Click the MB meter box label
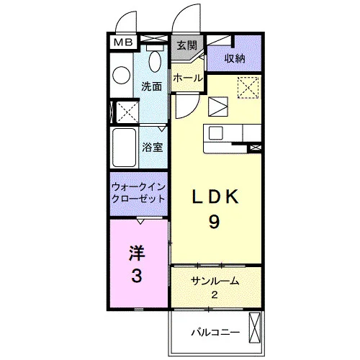coord(123,42)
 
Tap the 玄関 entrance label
coord(186,45)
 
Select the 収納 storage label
coord(235,58)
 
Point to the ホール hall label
coord(188,78)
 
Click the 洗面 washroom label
coord(151,86)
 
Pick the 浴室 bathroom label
coord(153,147)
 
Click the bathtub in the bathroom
coord(124,148)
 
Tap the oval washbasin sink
coord(155,61)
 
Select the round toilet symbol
coord(122,76)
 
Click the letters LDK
coord(215,197)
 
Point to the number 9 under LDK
coord(214,222)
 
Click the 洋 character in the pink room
coord(137,253)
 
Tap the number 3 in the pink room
coord(137,275)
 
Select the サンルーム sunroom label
coord(215,281)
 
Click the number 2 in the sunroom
coord(215,294)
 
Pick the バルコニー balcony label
coord(215,333)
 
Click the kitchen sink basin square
coord(216,133)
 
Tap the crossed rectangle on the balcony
coord(254,328)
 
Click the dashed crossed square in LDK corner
coord(248,88)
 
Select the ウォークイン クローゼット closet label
coord(138,193)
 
